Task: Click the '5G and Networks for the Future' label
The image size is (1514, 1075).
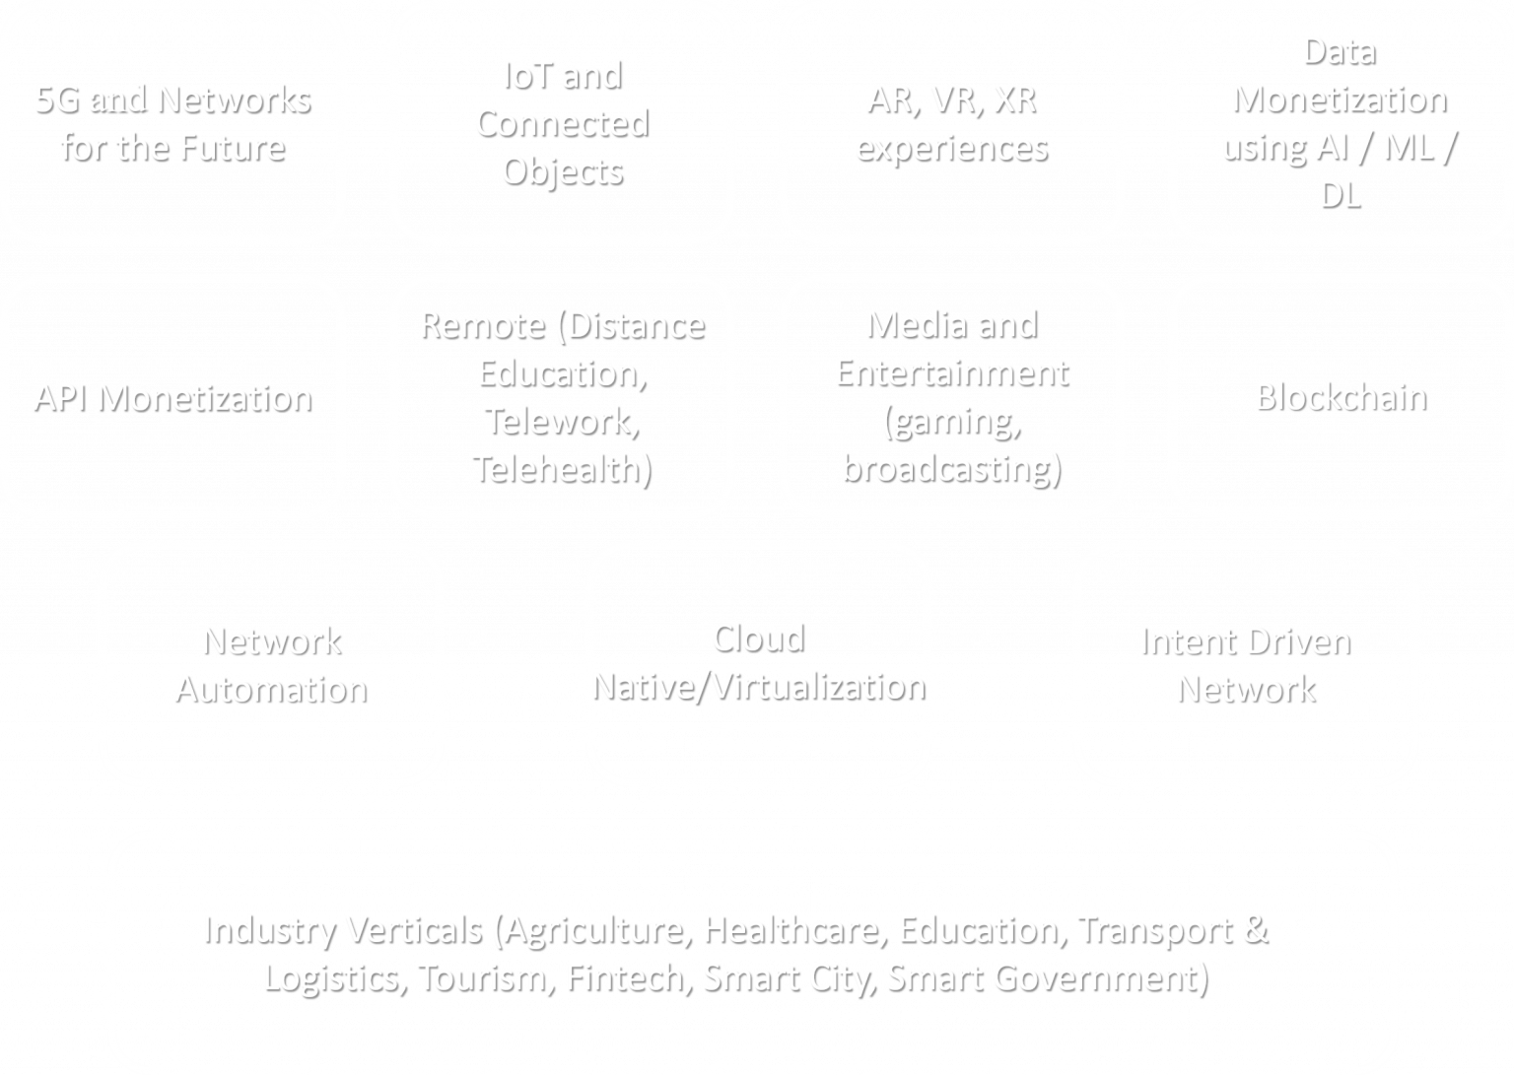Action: click(x=173, y=123)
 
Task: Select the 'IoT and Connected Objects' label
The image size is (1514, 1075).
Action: click(x=563, y=123)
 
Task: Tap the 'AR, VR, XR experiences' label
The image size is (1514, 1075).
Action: click(x=952, y=123)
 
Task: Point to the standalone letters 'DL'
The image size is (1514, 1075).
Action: click(x=1341, y=196)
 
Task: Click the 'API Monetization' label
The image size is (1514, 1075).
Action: click(x=173, y=398)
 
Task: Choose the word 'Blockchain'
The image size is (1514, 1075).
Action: click(x=1342, y=397)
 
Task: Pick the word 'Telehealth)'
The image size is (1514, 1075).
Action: click(x=563, y=469)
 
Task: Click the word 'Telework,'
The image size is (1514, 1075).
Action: click(x=563, y=422)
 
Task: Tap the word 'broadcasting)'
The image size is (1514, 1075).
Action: click(x=952, y=469)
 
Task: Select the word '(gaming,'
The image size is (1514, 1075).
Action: click(x=952, y=423)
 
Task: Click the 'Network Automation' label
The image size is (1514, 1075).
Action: click(x=272, y=665)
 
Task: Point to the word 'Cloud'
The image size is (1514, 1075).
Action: click(x=759, y=639)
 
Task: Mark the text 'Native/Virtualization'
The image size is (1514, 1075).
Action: click(x=759, y=687)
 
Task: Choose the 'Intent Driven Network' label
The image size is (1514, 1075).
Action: click(x=1246, y=665)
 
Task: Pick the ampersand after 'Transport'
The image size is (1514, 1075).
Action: click(x=1255, y=930)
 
